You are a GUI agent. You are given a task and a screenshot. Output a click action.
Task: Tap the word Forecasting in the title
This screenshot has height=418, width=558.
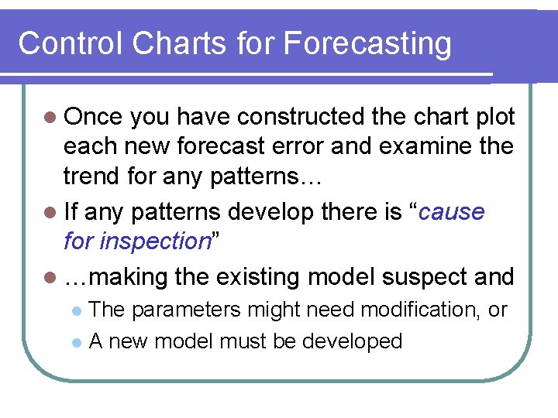pos(367,43)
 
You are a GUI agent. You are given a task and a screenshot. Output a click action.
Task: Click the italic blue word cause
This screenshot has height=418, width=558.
pos(453,212)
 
